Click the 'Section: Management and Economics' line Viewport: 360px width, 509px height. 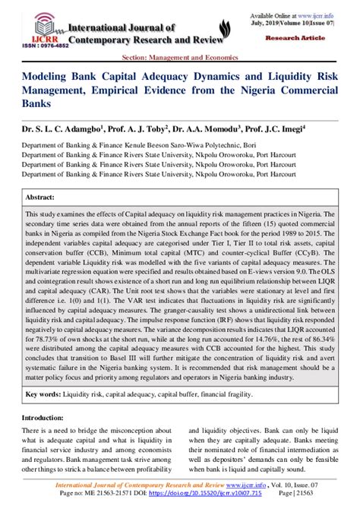[179, 58]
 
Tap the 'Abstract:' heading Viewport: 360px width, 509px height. [41, 196]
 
